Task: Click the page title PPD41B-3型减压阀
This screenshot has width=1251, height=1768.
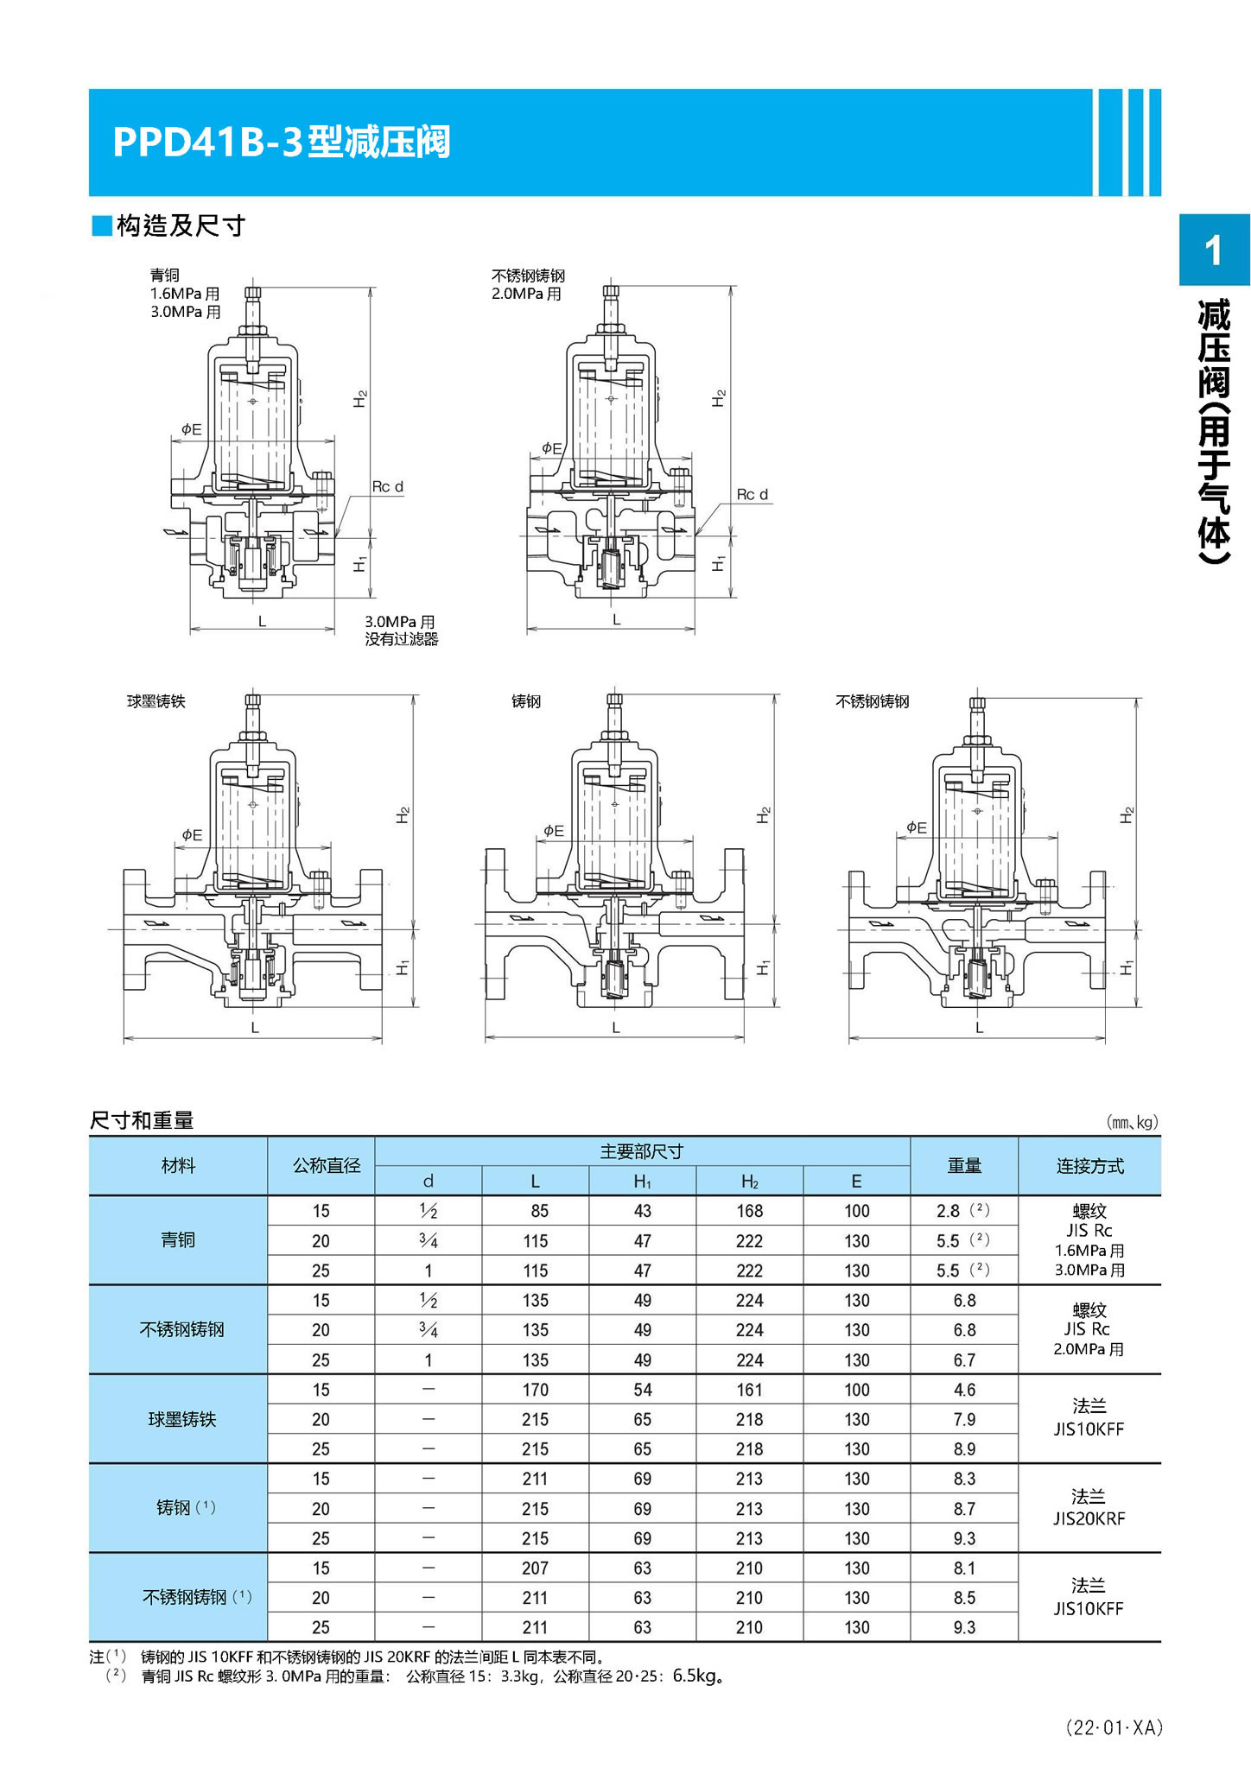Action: pos(281,143)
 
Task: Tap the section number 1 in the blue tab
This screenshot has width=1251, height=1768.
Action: pos(1214,250)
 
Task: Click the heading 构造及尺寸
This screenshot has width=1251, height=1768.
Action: pos(181,226)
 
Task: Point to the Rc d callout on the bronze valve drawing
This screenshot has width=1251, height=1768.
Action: pos(387,486)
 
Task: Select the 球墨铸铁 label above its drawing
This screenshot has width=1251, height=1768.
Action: pos(156,701)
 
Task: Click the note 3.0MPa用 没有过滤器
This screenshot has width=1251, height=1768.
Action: pos(401,631)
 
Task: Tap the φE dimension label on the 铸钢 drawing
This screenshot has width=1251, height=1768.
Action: pos(553,831)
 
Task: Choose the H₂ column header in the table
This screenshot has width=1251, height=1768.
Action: pos(749,1182)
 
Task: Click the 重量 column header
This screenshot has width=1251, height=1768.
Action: pos(964,1166)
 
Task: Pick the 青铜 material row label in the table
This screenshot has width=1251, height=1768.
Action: pos(178,1240)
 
